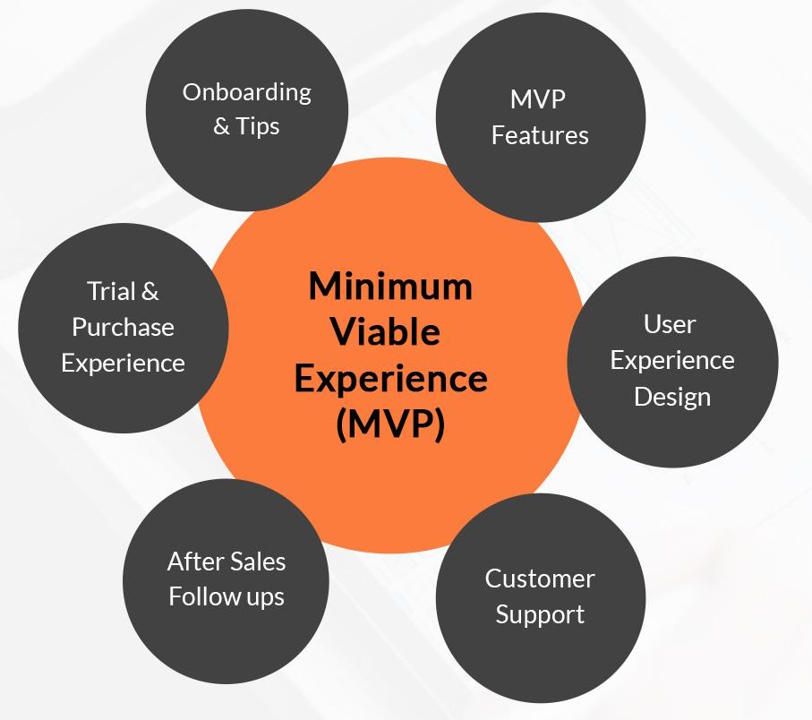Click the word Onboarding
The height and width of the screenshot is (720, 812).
point(246,94)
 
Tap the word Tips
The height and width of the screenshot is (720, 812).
point(257,126)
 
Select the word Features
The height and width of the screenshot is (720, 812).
point(540,136)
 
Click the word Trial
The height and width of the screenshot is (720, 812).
point(111,291)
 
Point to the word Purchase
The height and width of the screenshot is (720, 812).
point(124,328)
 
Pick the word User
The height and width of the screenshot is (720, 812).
point(670,325)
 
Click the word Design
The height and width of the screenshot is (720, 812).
point(672,398)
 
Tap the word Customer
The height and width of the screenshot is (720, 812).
point(540,579)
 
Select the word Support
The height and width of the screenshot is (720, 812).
point(540,615)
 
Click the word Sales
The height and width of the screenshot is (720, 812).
point(257,561)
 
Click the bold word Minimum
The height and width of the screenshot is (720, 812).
point(390,287)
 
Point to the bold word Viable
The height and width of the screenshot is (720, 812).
point(386,331)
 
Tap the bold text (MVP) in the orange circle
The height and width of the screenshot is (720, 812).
point(390,424)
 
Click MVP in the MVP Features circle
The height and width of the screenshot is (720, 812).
point(537,99)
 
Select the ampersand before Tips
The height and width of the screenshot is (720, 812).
point(222,126)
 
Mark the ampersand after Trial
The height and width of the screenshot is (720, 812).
point(150,291)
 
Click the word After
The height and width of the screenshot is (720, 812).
point(195,561)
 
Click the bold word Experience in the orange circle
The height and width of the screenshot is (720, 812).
point(390,379)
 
